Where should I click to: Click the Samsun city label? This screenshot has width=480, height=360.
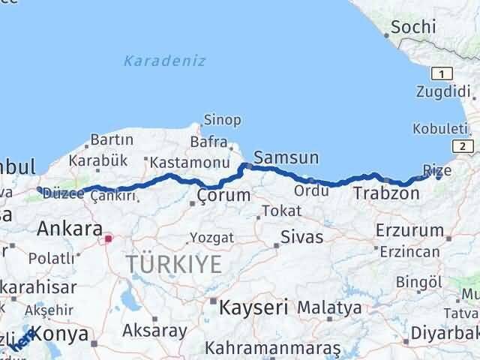click(286, 157)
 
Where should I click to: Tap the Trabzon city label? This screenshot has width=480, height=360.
click(386, 193)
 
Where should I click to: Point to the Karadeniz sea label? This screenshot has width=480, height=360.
click(165, 61)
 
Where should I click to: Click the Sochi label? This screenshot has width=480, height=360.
click(413, 28)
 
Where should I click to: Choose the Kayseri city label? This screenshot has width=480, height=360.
click(253, 306)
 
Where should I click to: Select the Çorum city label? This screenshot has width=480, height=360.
click(223, 196)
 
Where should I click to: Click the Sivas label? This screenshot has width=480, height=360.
click(301, 238)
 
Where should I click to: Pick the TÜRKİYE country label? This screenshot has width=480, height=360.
click(173, 264)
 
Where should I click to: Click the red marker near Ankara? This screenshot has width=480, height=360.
click(108, 239)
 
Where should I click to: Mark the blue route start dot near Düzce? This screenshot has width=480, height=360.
click(40, 190)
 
